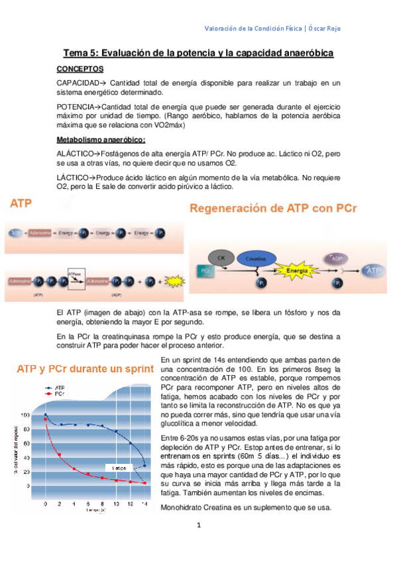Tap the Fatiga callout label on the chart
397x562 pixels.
[119, 468]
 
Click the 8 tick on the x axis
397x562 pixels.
[102, 504]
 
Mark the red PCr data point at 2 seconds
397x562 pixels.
[60, 455]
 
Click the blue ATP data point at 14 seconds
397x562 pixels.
[144, 466]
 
